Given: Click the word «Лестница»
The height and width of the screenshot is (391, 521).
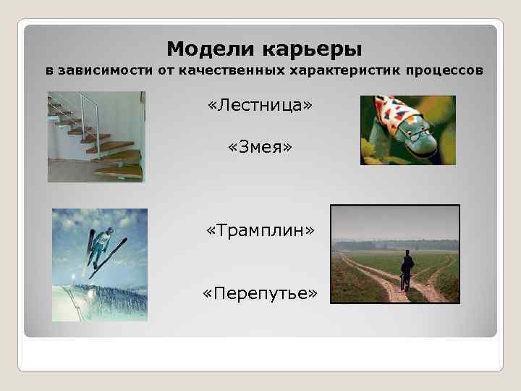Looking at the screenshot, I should click(x=260, y=106).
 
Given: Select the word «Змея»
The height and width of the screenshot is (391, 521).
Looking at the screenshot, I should click(x=260, y=148).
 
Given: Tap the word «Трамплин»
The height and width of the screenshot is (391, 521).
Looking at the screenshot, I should click(x=260, y=230).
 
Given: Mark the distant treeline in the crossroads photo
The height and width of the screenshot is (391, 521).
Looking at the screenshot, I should click(x=394, y=245).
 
